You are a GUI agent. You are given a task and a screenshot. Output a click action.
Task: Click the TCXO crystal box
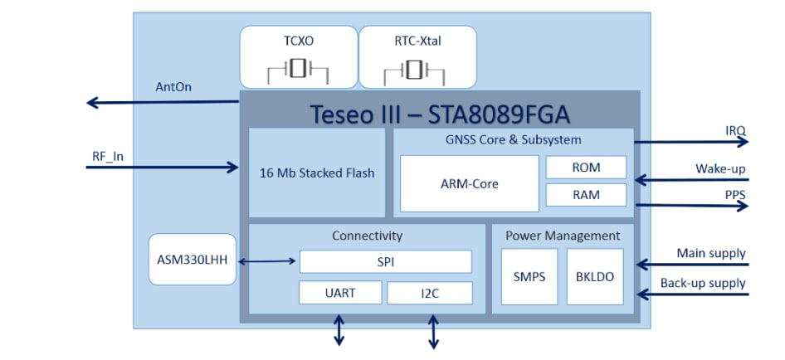coord(297,56)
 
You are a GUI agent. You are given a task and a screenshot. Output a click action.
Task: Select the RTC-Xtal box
coord(417,56)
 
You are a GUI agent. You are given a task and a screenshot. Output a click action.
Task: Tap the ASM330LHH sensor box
coord(192,260)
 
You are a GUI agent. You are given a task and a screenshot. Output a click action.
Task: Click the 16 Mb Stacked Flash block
coord(317,173)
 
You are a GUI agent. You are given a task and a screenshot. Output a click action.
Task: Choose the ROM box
coord(586,167)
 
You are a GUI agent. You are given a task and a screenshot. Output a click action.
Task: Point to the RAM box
coord(586,195)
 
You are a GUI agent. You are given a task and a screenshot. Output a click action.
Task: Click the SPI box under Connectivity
coord(385,261)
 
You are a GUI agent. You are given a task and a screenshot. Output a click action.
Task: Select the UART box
coord(339,292)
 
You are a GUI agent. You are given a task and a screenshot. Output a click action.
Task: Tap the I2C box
coord(430,293)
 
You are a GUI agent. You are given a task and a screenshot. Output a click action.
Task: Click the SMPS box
coord(529,276)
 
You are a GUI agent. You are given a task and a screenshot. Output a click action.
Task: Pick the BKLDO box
coord(594,276)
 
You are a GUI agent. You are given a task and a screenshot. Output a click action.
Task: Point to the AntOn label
coord(174,86)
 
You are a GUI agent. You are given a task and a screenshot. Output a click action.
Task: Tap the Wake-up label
coord(720,169)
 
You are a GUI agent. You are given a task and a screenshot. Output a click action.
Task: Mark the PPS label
coord(734,194)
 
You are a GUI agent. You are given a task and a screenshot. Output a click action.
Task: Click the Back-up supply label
coord(703,283)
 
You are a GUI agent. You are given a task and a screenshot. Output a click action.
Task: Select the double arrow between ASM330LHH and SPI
coord(266,262)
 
